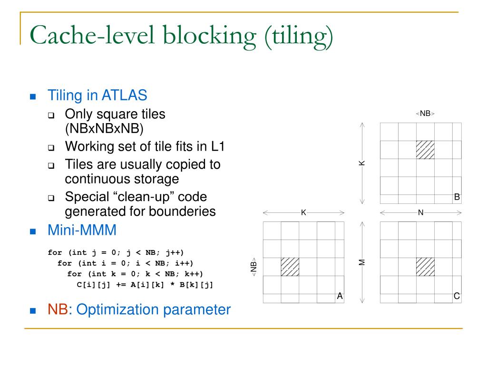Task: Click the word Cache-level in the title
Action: [x=90, y=38]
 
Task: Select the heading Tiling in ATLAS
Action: [x=97, y=95]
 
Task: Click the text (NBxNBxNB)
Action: [x=104, y=128]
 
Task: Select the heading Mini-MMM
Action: [x=82, y=231]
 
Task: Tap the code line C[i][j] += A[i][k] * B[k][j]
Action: [x=145, y=285]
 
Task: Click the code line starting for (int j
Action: [x=116, y=252]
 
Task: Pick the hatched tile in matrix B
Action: [x=425, y=150]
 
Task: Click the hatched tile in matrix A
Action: [x=290, y=267]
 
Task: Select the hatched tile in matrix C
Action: [x=425, y=267]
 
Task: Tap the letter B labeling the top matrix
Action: [x=457, y=197]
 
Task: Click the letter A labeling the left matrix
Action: [x=340, y=296]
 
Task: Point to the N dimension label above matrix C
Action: [x=420, y=212]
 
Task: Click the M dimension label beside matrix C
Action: [x=362, y=262]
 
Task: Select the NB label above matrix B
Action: [x=425, y=114]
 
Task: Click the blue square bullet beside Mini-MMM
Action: [x=33, y=231]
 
